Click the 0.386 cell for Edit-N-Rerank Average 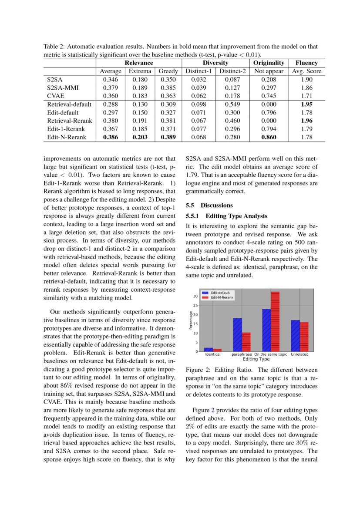pyautogui.click(x=111, y=137)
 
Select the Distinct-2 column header pyautogui.click(x=232, y=71)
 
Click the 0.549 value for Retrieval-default pyautogui.click(x=232, y=104)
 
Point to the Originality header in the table pyautogui.click(x=269, y=63)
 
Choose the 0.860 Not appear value pyautogui.click(x=269, y=137)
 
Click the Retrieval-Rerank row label pyautogui.click(x=69, y=120)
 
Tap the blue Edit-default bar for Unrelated pyautogui.click(x=295, y=336)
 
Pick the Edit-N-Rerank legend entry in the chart pyautogui.click(x=222, y=297)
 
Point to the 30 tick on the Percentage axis pyautogui.click(x=195, y=296)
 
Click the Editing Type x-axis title pyautogui.click(x=256, y=359)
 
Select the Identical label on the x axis pyautogui.click(x=212, y=354)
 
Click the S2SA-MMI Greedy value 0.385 pyautogui.click(x=168, y=88)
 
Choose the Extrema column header pyautogui.click(x=140, y=71)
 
